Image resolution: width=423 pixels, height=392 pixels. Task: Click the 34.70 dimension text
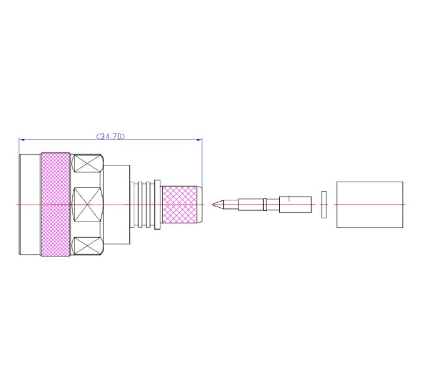tap(111, 136)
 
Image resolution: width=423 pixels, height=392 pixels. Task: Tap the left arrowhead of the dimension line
tap(22, 139)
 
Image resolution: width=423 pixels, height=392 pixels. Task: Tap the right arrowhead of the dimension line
tap(199, 139)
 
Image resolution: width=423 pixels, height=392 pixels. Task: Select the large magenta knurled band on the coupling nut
tap(55, 205)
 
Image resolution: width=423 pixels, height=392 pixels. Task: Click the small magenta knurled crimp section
tap(180, 205)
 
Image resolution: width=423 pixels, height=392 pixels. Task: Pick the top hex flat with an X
tap(88, 163)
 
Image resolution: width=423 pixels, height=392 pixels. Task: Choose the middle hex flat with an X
tap(87, 205)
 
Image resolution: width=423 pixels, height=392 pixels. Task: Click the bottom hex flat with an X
tap(88, 246)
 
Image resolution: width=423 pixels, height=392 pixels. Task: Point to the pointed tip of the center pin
tap(213, 204)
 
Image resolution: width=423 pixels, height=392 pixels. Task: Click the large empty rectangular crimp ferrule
tap(370, 205)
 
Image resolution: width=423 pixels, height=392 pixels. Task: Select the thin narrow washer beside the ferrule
tap(324, 205)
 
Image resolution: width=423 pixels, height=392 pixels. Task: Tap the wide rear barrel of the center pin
tap(295, 205)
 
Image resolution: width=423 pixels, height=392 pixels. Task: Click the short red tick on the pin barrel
tap(289, 198)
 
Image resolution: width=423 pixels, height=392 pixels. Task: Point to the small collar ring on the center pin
tap(265, 205)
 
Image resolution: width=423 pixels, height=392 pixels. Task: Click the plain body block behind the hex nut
tap(116, 205)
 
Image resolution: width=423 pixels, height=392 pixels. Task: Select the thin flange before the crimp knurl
tap(157, 205)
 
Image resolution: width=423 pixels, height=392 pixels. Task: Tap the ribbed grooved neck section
tap(142, 205)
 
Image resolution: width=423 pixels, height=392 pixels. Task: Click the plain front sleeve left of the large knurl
tap(30, 205)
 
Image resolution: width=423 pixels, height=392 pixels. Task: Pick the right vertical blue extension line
tap(202, 162)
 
